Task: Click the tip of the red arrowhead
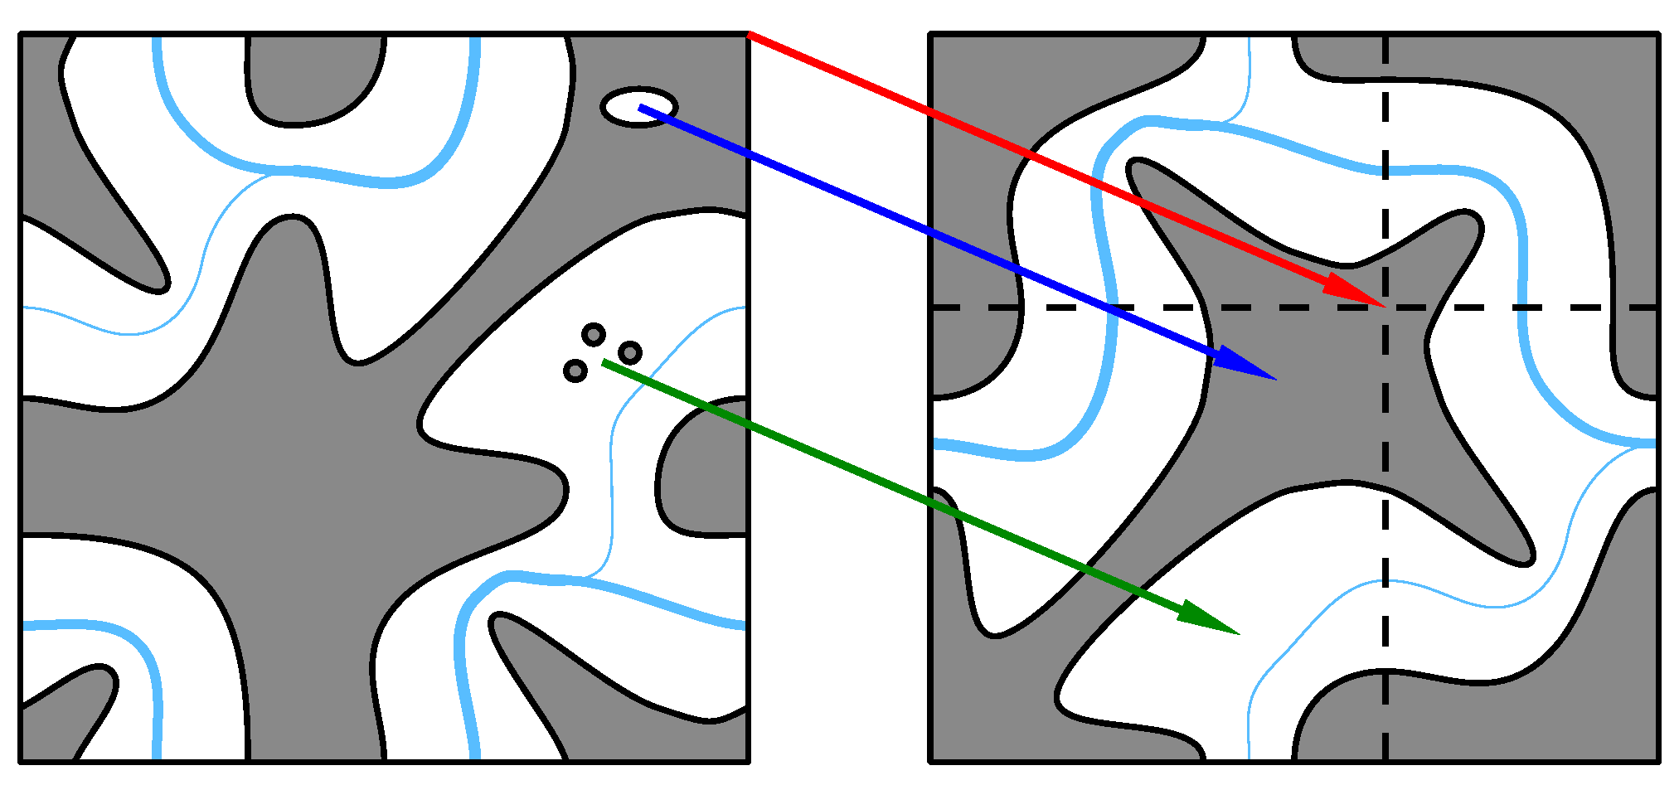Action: (x=1382, y=305)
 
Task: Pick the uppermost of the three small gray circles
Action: (x=594, y=335)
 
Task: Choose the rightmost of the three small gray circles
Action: (x=630, y=353)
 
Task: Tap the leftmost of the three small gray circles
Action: (x=575, y=371)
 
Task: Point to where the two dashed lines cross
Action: (x=1385, y=308)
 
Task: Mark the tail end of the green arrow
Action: (x=604, y=362)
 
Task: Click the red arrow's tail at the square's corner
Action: (x=750, y=34)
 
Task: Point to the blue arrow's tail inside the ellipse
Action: (x=641, y=107)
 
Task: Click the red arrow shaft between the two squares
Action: (x=837, y=71)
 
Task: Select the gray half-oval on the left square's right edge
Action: (x=705, y=468)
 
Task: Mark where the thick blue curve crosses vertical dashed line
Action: (x=1385, y=171)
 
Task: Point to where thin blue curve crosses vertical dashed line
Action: (x=1385, y=582)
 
